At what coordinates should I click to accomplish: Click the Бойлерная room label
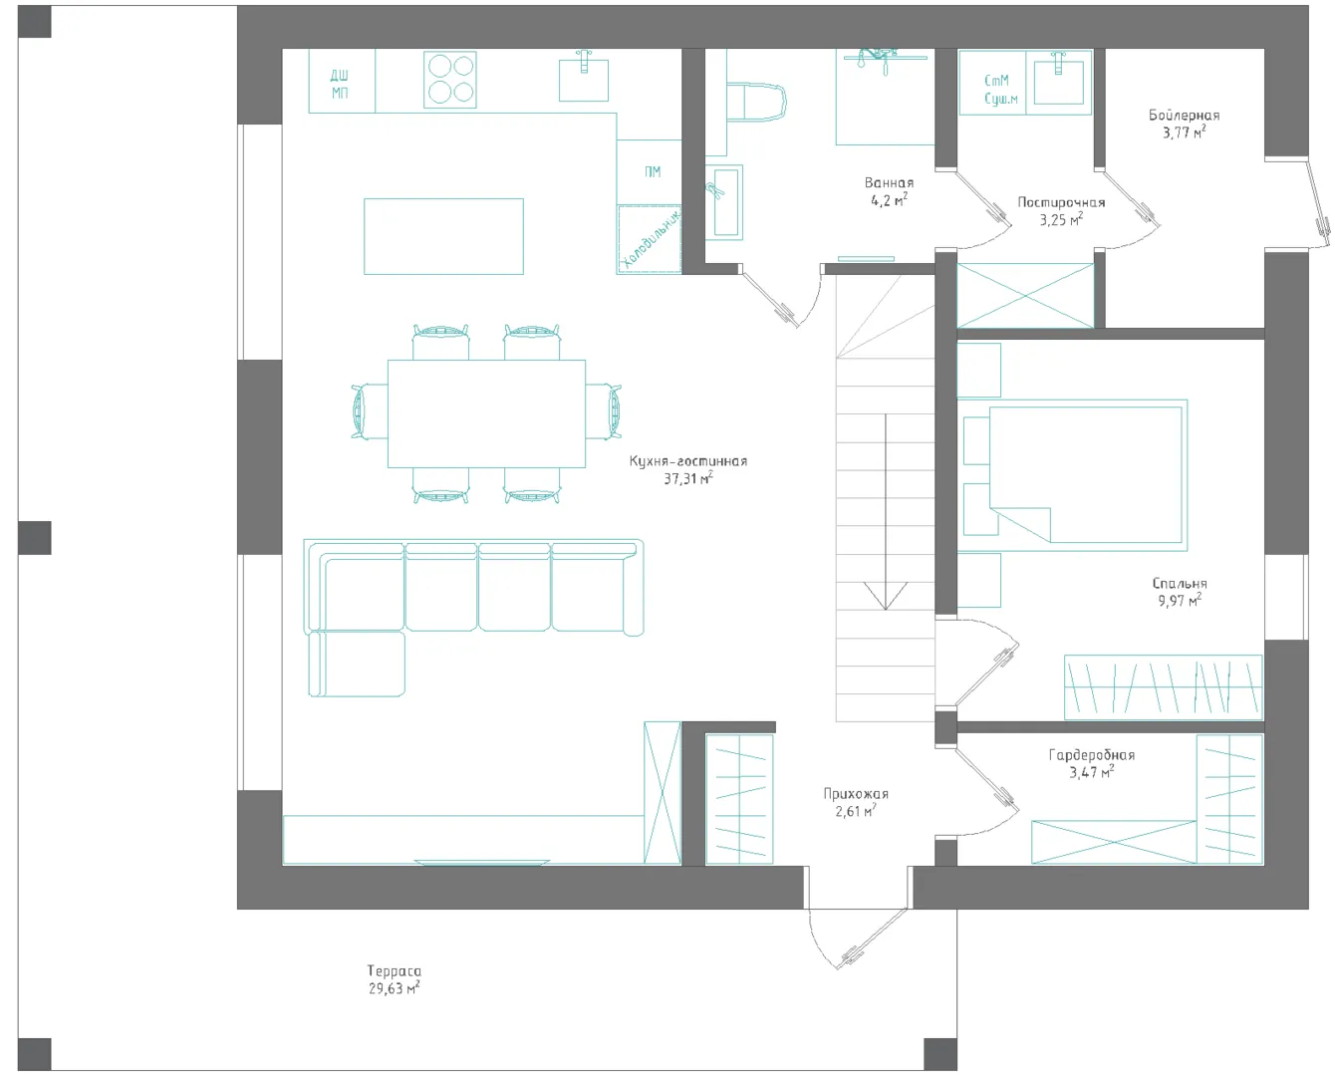1184,115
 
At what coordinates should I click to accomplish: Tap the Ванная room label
889,183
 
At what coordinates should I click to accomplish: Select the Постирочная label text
1061,202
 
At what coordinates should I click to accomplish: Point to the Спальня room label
1180,583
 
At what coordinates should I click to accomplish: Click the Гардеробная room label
1092,755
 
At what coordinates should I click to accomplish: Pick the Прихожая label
856,794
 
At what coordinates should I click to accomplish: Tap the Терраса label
394,971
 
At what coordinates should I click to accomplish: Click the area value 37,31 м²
688,478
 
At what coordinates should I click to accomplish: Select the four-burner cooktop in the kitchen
450,80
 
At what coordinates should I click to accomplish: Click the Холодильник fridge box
649,239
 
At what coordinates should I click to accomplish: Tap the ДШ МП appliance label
340,85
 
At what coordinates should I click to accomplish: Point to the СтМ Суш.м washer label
1000,90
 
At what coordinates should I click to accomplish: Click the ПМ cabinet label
652,172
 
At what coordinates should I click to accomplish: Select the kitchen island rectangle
443,236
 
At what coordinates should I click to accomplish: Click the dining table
486,413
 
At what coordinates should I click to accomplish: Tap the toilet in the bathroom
755,102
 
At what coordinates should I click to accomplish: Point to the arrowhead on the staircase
886,596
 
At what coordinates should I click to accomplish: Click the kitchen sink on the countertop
583,79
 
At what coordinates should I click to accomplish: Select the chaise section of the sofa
357,664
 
